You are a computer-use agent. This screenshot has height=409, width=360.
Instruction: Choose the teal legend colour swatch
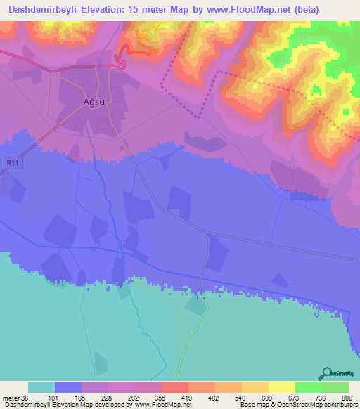[x=41, y=387]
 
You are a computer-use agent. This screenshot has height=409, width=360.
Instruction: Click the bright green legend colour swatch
[x=308, y=387]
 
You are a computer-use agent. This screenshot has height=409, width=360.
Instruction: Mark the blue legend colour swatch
[x=68, y=387]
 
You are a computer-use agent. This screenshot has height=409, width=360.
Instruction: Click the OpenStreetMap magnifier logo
[x=326, y=373]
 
